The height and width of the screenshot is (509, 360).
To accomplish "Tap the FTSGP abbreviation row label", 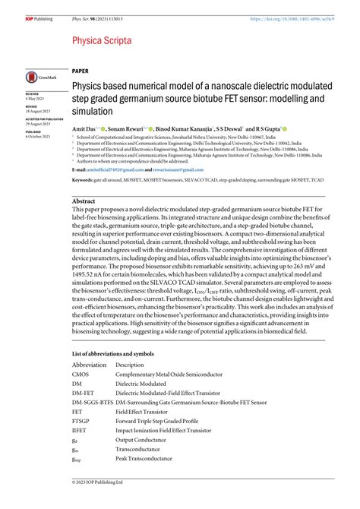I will tap(81, 419).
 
